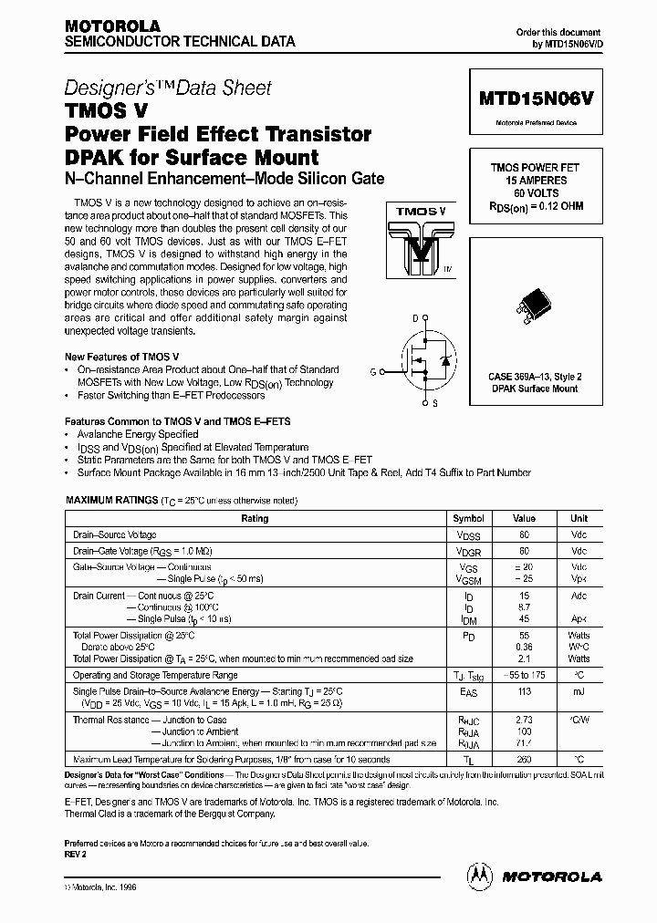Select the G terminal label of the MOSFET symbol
coord(372,370)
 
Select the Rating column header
coord(254,518)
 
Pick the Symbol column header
coord(468,518)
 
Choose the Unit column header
coord(579,518)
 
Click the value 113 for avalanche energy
coord(524,692)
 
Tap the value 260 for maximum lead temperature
coord(524,760)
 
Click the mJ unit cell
coord(579,692)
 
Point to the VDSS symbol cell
coord(468,535)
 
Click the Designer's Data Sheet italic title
coord(168,88)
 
